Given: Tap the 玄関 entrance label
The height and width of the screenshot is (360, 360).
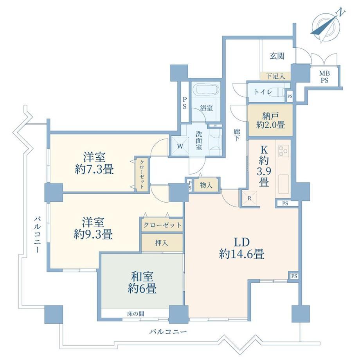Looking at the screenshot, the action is click(x=277, y=56).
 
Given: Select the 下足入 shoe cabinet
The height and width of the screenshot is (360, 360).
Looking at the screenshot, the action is click(x=275, y=76).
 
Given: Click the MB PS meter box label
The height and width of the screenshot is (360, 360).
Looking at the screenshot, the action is click(x=324, y=77).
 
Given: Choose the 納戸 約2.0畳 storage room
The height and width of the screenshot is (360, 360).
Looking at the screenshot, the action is click(x=270, y=120).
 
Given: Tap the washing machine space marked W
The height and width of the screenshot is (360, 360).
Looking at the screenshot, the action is click(x=180, y=146).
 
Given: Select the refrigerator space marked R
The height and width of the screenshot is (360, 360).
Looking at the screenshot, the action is click(x=249, y=198).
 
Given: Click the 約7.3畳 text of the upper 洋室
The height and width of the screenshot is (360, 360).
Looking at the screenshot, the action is click(x=94, y=170).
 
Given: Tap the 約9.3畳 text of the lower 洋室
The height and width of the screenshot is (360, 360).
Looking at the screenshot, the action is click(x=93, y=235).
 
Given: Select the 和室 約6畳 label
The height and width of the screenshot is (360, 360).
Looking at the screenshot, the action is click(x=142, y=283).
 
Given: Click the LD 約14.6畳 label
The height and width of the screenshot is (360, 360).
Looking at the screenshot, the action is click(x=241, y=248).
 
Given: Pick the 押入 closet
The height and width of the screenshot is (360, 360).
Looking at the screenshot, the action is click(x=162, y=243).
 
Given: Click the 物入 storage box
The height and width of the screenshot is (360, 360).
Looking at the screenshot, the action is click(x=206, y=185).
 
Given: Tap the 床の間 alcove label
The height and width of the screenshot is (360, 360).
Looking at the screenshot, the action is click(x=135, y=313).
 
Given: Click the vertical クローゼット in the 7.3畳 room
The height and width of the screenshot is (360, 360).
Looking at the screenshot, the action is click(x=142, y=174).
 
